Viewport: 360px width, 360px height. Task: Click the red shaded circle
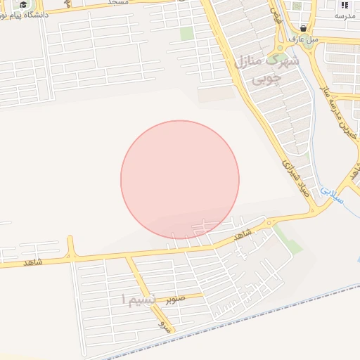point(180,179)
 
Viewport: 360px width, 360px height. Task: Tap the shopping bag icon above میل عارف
point(303,28)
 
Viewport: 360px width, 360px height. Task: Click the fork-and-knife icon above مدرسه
point(345,4)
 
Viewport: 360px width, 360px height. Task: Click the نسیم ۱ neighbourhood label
point(134,300)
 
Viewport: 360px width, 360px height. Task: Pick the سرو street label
point(164,326)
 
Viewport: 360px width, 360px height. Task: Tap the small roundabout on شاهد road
point(269,224)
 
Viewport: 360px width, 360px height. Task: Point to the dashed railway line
point(232,330)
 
